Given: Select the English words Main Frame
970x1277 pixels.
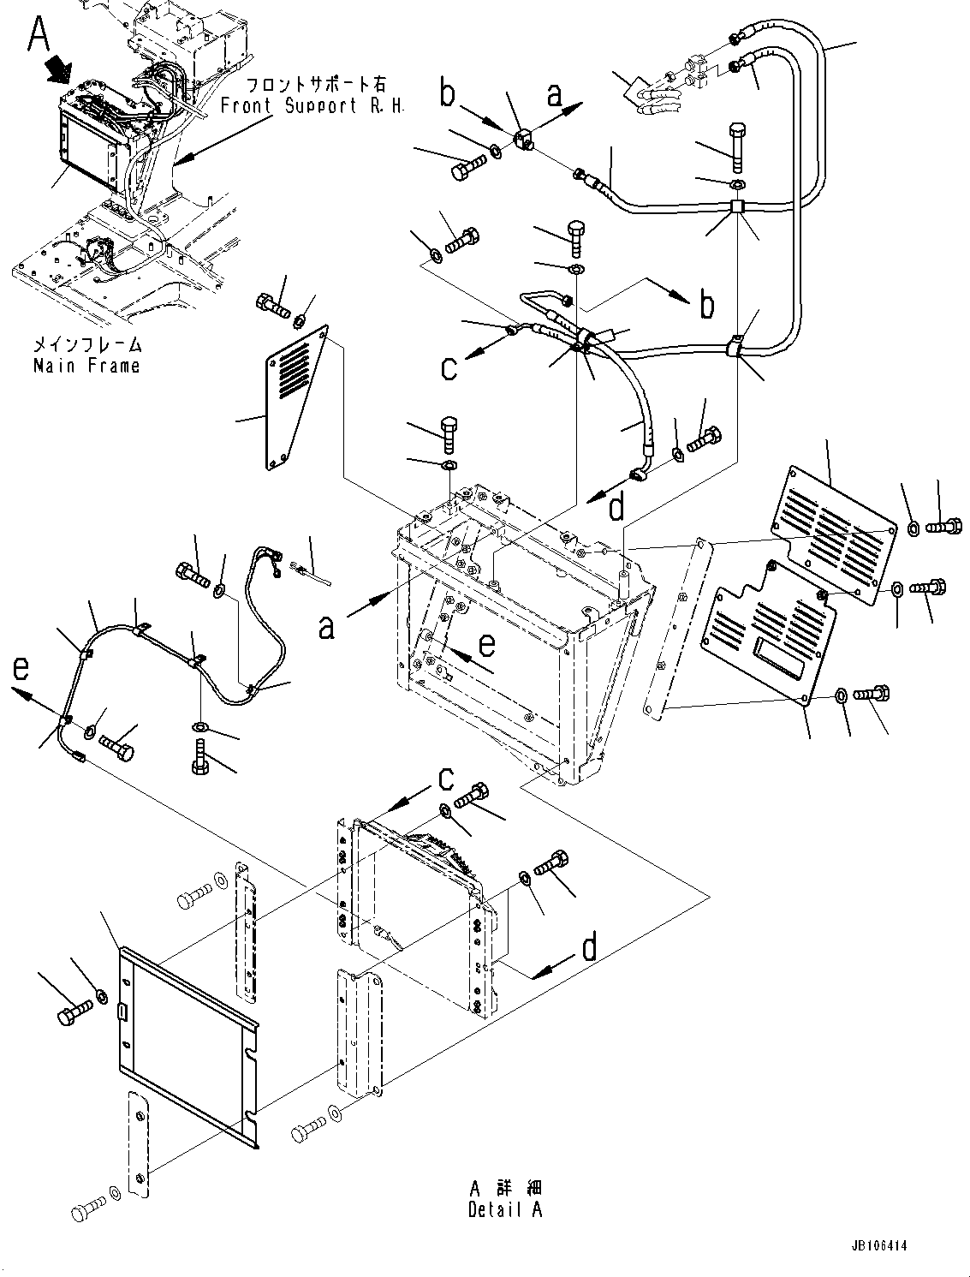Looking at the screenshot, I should (86, 366).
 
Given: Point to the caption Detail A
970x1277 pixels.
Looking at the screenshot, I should (505, 1210).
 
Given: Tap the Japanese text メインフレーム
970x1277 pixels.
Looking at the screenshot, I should (86, 345).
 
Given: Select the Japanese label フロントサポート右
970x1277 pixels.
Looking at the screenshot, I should (316, 85).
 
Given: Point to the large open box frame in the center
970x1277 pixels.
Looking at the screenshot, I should (514, 634).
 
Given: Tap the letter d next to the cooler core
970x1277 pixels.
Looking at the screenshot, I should (590, 949).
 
